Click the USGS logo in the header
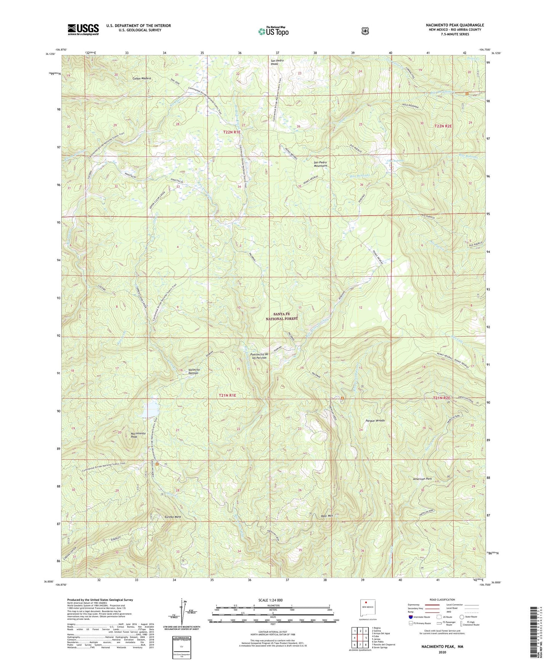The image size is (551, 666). click(83, 29)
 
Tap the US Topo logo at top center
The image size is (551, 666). click(273, 31)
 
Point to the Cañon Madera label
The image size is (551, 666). click(142, 78)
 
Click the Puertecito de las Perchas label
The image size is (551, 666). click(257, 356)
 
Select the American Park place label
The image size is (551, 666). click(424, 479)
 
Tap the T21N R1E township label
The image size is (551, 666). click(228, 396)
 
